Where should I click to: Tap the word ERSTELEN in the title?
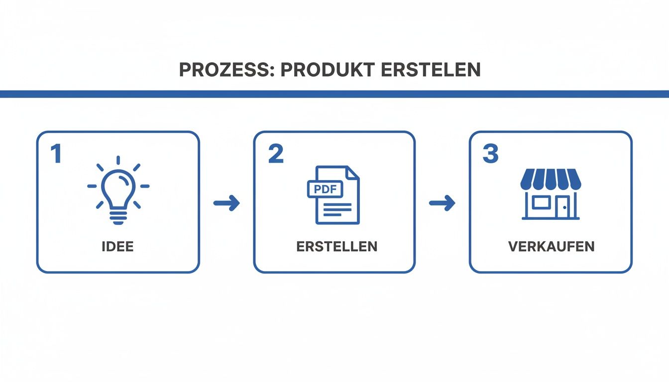pyautogui.click(x=431, y=70)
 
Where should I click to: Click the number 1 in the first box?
pyautogui.click(x=56, y=154)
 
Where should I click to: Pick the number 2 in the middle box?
pyautogui.click(x=276, y=154)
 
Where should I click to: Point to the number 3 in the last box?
pyautogui.click(x=490, y=154)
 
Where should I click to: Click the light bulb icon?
pyautogui.click(x=118, y=190)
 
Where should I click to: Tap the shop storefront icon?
pyautogui.click(x=551, y=194)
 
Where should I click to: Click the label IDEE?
pyautogui.click(x=117, y=247)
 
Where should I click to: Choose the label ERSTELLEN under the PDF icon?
pyautogui.click(x=336, y=247)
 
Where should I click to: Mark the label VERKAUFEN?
pyautogui.click(x=552, y=247)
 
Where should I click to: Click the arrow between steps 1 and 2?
pyautogui.click(x=227, y=203)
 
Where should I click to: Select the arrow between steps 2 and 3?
pyautogui.click(x=442, y=203)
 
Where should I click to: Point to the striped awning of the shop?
pyautogui.click(x=551, y=179)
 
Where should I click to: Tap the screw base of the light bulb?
pyautogui.click(x=118, y=217)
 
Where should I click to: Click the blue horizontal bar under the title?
pyautogui.click(x=334, y=94)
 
